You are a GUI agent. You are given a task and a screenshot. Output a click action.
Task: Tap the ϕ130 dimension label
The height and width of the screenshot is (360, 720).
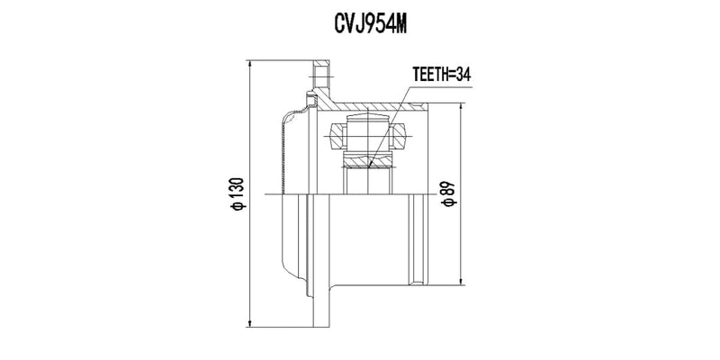[237, 194]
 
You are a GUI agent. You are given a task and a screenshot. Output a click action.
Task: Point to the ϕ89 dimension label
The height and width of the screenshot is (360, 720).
[447, 194]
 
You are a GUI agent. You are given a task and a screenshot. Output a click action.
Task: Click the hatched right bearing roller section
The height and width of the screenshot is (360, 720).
[398, 138]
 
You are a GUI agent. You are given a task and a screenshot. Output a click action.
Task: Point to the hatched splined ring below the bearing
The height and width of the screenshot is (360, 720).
[368, 163]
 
